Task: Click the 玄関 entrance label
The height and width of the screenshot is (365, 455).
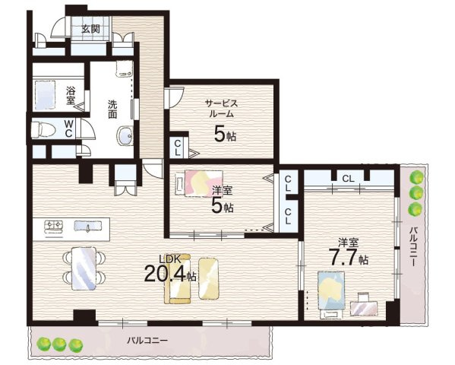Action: (x=90, y=29)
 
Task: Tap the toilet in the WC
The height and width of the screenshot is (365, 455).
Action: (x=43, y=129)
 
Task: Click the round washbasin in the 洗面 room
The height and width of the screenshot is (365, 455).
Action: (x=125, y=135)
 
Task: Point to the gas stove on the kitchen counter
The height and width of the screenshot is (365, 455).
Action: (x=53, y=226)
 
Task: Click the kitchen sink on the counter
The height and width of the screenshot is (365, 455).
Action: (x=87, y=226)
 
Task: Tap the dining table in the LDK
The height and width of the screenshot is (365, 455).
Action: (x=84, y=268)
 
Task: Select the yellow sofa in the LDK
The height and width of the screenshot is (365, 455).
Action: (x=178, y=279)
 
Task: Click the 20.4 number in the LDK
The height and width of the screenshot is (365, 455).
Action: (x=165, y=274)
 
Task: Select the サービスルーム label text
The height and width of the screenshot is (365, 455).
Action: (x=221, y=109)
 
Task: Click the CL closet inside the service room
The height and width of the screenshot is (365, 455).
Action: (x=178, y=148)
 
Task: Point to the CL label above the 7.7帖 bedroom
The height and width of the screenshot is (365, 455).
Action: (x=348, y=179)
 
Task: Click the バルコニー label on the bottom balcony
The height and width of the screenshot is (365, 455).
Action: (x=147, y=340)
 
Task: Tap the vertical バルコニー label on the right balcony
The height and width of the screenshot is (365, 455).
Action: (x=413, y=246)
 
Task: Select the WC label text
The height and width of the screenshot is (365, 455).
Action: (x=68, y=129)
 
